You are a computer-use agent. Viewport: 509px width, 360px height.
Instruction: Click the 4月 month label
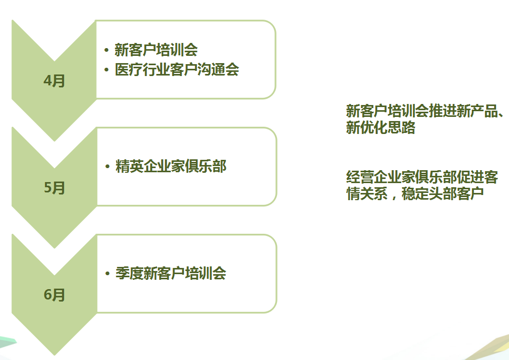click(x=54, y=81)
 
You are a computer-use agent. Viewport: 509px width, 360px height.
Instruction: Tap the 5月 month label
click(x=54, y=188)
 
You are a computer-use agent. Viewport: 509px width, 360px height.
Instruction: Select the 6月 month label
click(x=54, y=295)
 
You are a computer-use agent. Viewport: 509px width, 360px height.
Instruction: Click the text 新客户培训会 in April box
click(x=156, y=50)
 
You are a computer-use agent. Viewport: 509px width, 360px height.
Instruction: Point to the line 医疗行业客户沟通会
click(x=177, y=70)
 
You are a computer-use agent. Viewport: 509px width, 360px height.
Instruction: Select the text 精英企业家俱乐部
click(x=171, y=167)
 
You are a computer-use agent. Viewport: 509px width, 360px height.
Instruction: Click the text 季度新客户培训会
click(x=171, y=274)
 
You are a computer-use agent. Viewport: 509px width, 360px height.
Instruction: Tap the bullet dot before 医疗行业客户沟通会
click(x=106, y=70)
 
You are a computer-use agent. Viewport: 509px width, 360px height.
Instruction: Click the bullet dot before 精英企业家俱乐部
click(x=107, y=167)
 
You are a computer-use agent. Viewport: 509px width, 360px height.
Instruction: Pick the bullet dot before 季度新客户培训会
click(x=107, y=274)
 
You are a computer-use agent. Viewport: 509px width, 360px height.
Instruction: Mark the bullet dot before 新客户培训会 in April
click(x=106, y=50)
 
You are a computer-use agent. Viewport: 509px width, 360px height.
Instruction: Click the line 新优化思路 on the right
click(x=380, y=128)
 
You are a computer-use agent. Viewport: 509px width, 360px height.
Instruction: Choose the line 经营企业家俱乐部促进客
click(x=422, y=177)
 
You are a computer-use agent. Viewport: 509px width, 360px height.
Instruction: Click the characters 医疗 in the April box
click(x=126, y=70)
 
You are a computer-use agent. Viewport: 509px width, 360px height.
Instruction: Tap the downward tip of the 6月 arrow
click(x=54, y=353)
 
